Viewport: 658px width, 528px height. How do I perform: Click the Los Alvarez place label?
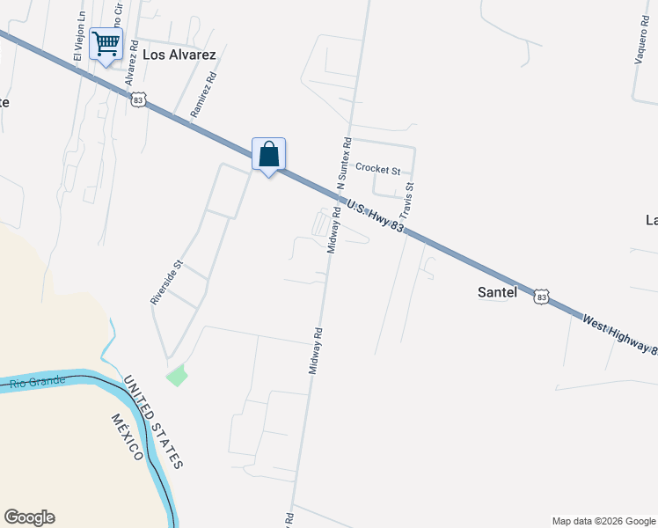coord(179,55)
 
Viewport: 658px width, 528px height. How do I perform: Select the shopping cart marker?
coord(106,43)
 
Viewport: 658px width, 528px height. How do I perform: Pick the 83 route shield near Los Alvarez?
coord(138,100)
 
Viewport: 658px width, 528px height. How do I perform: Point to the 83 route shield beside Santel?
coord(542,297)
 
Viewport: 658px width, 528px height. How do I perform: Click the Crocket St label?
coord(377,169)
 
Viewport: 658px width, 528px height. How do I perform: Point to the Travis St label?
coord(406,202)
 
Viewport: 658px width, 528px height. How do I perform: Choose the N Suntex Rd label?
coord(344,162)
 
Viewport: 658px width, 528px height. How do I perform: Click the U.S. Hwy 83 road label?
coord(375,216)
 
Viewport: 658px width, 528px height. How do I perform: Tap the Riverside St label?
coord(165,282)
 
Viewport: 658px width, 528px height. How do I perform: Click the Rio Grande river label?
coord(38,382)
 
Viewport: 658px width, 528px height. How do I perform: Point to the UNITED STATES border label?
coord(153,422)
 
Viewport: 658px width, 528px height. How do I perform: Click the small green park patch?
coord(177,375)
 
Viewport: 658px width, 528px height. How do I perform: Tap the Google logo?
coord(29,517)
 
